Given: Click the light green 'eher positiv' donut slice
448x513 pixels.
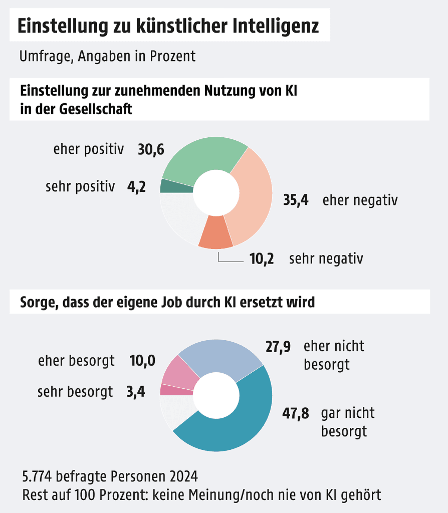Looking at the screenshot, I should pos(200,155).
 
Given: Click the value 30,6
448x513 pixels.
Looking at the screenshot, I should pos(151,149).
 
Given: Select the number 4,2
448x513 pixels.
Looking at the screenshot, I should pos(136,187).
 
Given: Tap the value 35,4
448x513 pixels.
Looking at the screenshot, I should pos(296,200).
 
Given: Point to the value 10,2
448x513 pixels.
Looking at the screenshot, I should pos(262,259).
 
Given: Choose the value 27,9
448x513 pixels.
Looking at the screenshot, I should pos(278,347).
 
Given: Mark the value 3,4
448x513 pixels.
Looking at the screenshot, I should pos(136,391).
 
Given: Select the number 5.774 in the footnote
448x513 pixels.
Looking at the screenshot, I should pos(41,475).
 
